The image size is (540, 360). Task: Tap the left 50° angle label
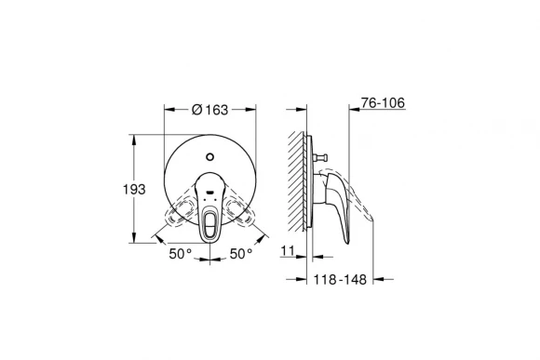click(x=180, y=252)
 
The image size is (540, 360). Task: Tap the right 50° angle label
click(x=240, y=252)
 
